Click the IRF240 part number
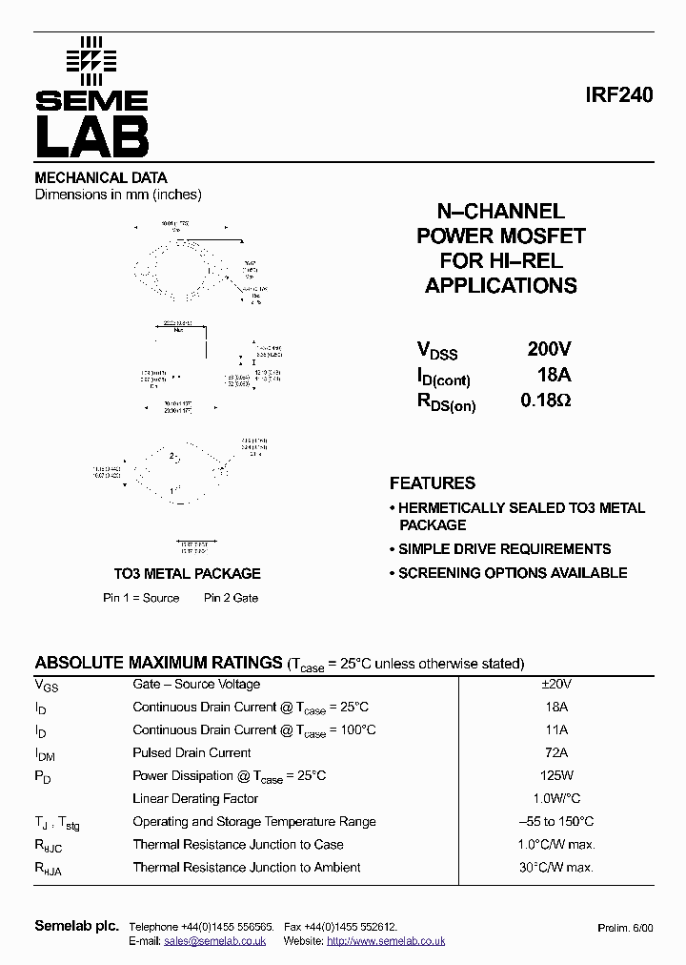point(619,96)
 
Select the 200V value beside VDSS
point(549,349)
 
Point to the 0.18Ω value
point(545,400)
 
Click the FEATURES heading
point(433,483)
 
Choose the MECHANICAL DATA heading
point(101,177)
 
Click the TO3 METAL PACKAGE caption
point(187,574)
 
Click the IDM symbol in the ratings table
point(45,753)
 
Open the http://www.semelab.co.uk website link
point(386,941)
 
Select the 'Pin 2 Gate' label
point(231,598)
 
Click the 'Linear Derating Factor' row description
point(195,798)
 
